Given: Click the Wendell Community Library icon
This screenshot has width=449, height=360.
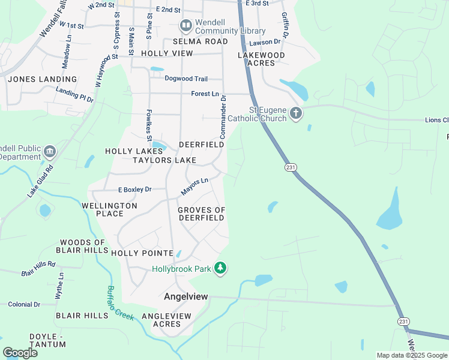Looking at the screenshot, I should (x=185, y=25).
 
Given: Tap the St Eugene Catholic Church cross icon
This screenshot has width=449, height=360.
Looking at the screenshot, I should (x=295, y=113).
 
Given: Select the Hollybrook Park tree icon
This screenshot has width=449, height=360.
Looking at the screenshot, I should (x=221, y=268).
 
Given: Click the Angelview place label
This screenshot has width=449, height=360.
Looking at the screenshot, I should (x=186, y=296).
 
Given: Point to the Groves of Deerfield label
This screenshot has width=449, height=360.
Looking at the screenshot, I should (x=202, y=214).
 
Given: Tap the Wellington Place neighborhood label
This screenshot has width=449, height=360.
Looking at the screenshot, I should (x=110, y=209).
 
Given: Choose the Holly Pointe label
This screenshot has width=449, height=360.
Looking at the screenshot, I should (x=142, y=253).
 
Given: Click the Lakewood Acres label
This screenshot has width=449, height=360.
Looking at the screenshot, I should (x=261, y=59).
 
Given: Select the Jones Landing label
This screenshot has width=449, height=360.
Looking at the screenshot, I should (x=43, y=79).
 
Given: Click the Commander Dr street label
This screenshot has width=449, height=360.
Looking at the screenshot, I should (x=223, y=117).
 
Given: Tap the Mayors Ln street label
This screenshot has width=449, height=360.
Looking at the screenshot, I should (x=194, y=186).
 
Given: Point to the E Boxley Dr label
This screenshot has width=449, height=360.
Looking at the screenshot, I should (x=134, y=190).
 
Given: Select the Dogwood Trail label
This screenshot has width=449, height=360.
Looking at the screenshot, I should (x=186, y=79).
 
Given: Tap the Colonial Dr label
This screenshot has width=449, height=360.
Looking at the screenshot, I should (x=24, y=305).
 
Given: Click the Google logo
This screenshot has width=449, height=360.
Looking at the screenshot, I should (x=20, y=353).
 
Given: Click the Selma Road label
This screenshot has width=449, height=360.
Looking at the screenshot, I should (x=200, y=41).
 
